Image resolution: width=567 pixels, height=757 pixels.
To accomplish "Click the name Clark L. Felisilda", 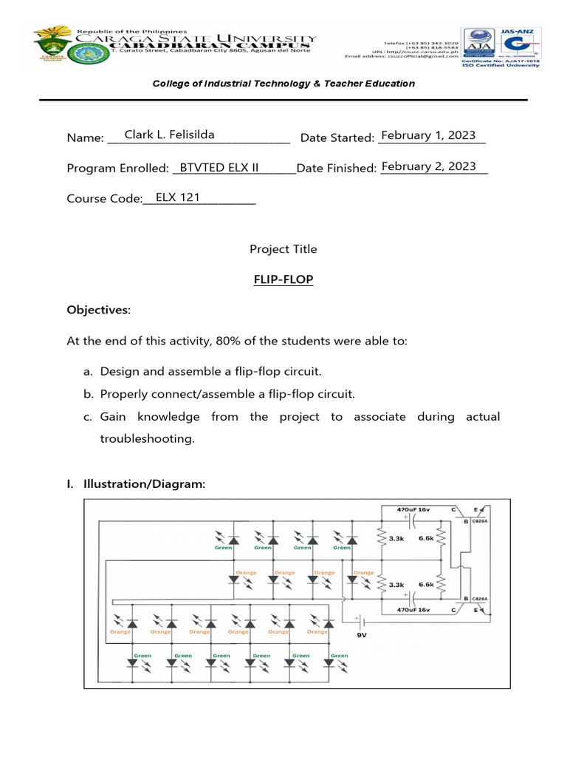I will coord(169,135).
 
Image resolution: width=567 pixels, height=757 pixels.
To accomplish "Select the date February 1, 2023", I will coord(428,135).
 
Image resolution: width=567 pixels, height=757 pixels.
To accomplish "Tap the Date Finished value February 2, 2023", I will coord(428,166).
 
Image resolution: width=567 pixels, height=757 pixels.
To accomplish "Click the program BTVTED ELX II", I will coord(219,167).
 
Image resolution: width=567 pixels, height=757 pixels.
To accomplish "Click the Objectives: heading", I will coord(98,310).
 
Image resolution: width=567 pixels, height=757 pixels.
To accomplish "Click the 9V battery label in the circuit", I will coord(361,634).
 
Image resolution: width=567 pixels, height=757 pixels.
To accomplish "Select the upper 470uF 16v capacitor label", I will coord(413,510).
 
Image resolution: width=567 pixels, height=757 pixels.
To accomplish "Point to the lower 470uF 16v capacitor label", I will coord(413,610).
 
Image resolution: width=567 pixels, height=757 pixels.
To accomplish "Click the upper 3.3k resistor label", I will coord(396,539).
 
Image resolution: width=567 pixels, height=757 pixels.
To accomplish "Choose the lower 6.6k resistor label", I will coord(426,584).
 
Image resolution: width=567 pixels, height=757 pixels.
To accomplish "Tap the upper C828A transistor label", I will coord(480,521).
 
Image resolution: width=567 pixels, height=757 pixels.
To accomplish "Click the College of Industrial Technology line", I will coord(283,84).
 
